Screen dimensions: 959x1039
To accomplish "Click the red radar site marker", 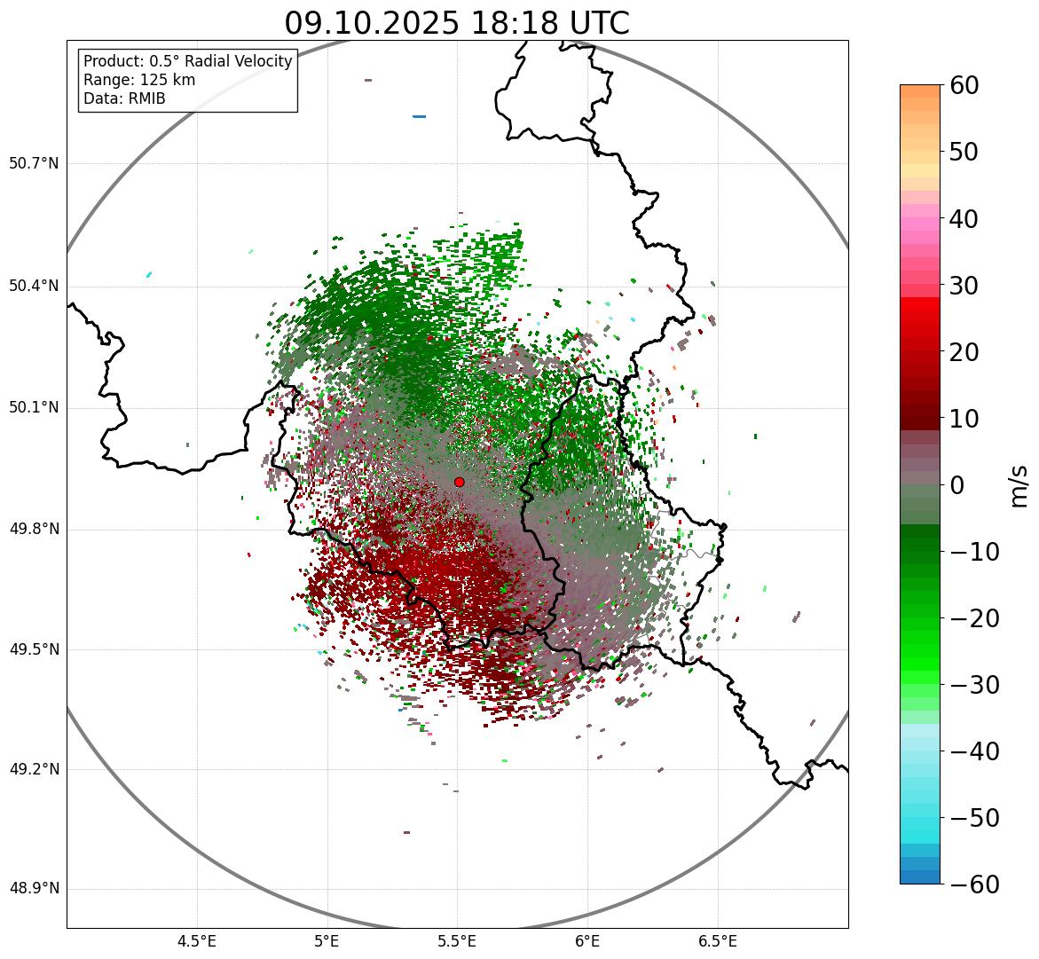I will pos(459,482).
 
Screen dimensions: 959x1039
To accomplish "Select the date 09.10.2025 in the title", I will pos(372,23).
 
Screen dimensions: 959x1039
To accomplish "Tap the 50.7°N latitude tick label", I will pos(34,163).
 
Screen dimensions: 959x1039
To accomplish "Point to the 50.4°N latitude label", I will pos(34,286).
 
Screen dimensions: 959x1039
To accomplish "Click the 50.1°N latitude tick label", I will pos(34,407).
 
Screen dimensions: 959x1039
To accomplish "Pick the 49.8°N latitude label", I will pos(34,529).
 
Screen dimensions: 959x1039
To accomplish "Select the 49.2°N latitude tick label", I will pos(34,769).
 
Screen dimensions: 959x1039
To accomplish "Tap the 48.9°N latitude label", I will pos(34,889).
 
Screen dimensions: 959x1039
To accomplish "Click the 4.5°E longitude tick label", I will pos(197,941).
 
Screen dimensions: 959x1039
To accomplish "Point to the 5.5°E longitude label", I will pos(457,941).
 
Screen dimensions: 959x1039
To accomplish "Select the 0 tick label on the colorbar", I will pos(957,485).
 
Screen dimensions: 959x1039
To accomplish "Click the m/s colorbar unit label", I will pos(1019,485).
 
